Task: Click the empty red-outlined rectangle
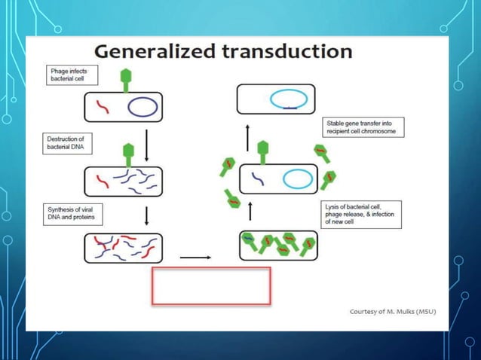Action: coord(211,285)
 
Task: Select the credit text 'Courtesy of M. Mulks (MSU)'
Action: coord(393,311)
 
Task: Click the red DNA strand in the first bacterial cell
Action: coord(101,108)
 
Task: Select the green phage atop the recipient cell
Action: coord(263,152)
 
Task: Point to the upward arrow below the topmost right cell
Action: coord(249,137)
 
